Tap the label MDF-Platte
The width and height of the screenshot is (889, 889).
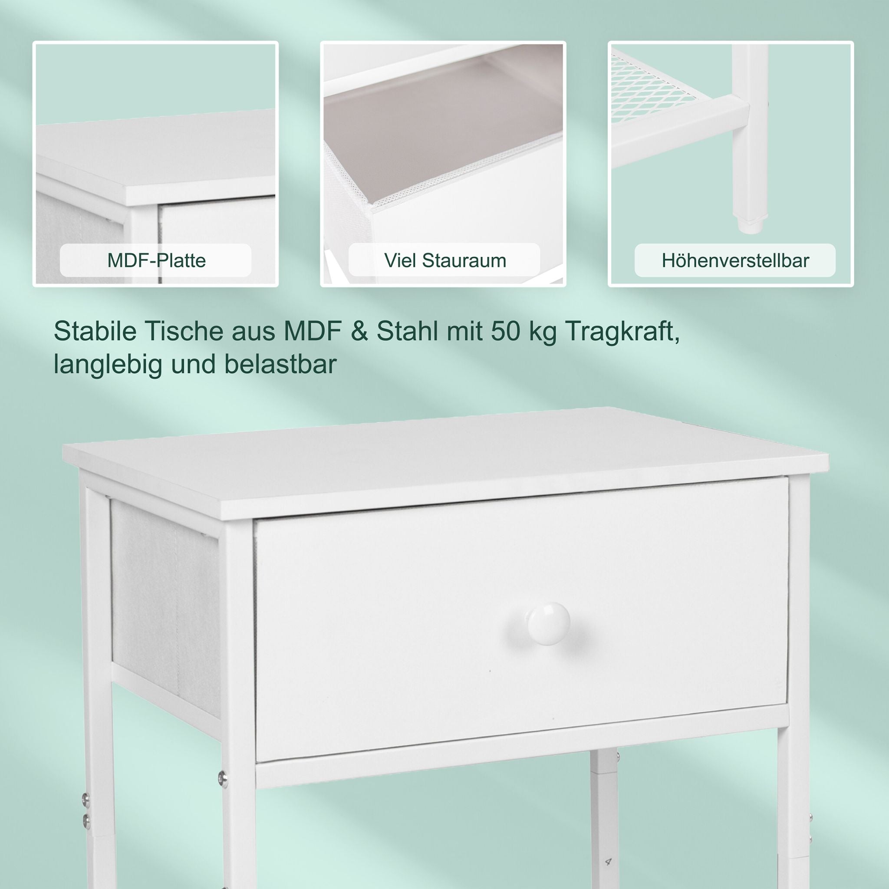(x=156, y=260)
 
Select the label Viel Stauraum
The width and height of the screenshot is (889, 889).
(x=445, y=260)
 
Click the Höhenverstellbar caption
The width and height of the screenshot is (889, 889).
(x=735, y=260)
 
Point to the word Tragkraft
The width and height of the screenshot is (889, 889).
(x=622, y=332)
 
